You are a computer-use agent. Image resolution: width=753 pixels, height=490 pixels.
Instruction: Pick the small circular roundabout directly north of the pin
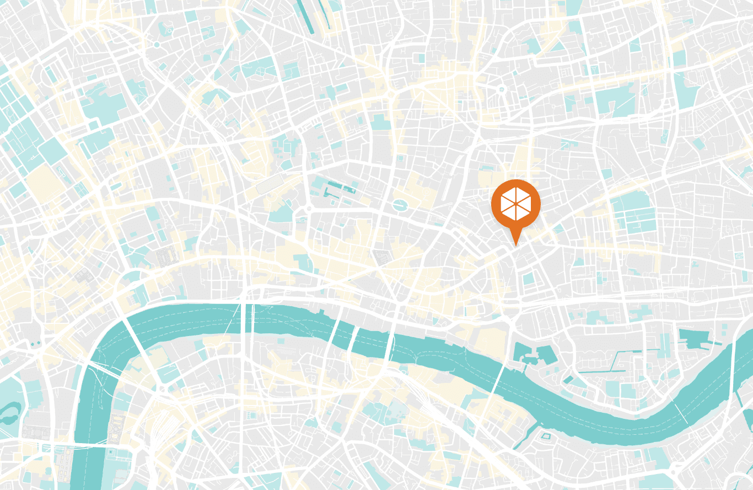(x=502, y=89)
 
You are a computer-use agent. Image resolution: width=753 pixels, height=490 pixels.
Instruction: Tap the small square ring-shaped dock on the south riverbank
(x=546, y=436)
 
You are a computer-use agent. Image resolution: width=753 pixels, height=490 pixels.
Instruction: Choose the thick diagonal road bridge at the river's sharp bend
(x=132, y=331)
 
